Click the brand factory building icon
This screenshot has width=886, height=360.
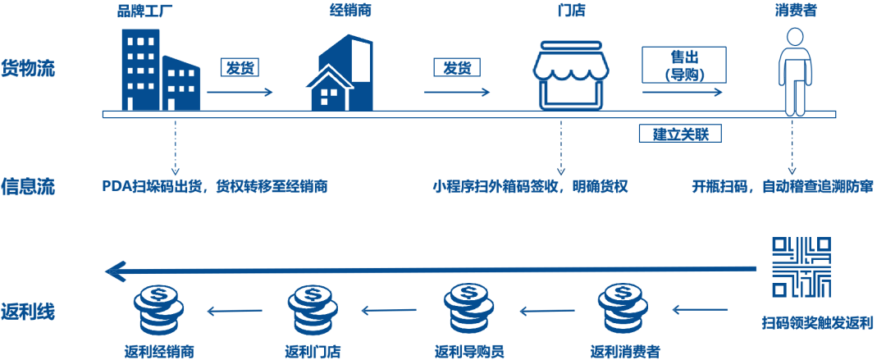(x=160, y=72)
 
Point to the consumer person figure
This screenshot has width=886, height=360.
(x=794, y=72)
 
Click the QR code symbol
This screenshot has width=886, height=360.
(x=802, y=267)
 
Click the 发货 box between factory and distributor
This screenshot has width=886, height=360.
(x=240, y=67)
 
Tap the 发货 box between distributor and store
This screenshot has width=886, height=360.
(x=457, y=67)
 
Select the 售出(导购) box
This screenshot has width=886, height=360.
(x=683, y=64)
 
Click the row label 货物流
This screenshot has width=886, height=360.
(x=28, y=68)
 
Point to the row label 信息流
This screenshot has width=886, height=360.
(x=28, y=186)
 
